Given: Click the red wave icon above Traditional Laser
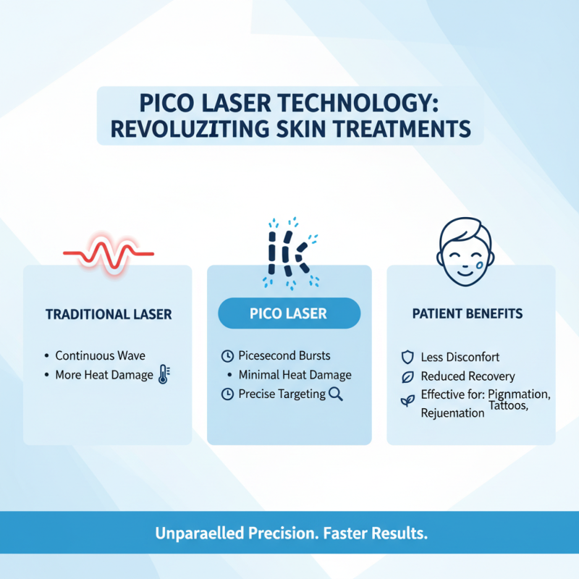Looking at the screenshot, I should (108, 254).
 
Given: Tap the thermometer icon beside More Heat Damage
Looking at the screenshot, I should (163, 375).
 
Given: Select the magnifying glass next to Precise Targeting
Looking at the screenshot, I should (335, 394).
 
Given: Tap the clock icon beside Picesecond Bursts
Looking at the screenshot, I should (227, 356).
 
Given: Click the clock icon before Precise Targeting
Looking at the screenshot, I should (227, 394).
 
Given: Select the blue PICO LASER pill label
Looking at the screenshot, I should (289, 314).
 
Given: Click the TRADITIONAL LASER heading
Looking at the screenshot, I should (108, 315).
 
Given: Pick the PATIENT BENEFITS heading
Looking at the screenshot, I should (468, 315).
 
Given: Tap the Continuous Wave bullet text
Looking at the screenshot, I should (100, 355).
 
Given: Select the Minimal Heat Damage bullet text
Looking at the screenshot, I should (295, 375).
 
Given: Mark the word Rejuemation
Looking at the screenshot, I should (452, 414).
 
